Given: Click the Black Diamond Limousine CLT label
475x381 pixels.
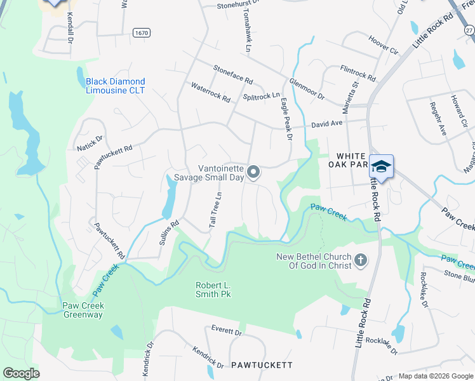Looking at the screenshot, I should click(116, 86).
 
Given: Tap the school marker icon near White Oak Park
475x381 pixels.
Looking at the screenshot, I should click(381, 167).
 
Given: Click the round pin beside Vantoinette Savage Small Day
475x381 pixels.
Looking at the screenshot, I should click(253, 172).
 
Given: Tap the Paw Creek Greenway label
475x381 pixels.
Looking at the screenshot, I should click(83, 310).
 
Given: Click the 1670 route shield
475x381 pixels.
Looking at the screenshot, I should click(142, 32).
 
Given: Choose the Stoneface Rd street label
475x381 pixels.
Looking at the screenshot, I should click(233, 74).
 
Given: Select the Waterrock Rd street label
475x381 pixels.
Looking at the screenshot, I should click(210, 92).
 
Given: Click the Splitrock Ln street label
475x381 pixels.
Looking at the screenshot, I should click(261, 97).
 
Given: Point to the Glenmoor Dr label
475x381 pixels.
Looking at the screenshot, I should click(307, 89).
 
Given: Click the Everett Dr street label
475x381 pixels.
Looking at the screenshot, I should click(227, 331).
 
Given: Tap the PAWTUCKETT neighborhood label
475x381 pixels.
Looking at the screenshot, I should click(262, 365).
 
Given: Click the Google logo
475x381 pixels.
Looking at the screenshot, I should click(21, 373).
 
